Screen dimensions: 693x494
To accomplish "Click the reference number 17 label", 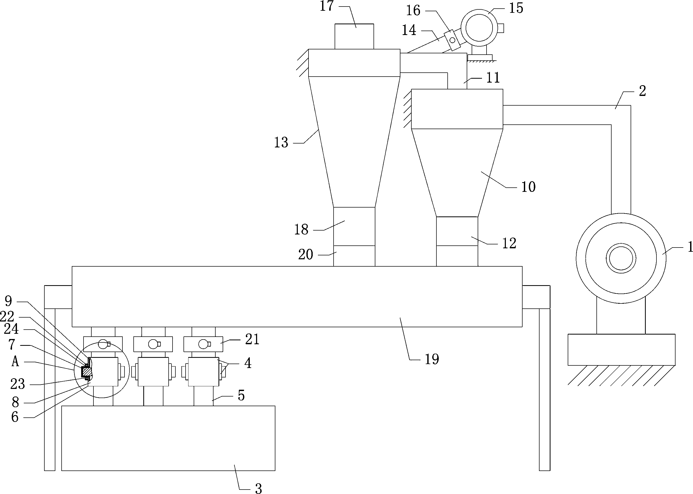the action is pos(327,6).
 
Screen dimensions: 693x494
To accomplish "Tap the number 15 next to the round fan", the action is pos(516,8).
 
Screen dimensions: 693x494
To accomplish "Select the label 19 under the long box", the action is pos(431,359).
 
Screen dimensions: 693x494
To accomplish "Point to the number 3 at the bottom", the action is pos(258,488).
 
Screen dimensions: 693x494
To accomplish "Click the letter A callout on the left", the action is pos(15,361).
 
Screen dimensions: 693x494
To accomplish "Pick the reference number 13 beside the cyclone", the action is pos(281,142).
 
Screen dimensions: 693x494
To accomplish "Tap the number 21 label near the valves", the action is pos(252,340).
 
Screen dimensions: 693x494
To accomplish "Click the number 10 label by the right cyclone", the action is pos(528,187).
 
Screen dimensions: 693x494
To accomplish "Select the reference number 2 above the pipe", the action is pos(642,91).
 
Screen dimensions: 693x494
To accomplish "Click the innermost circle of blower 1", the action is pos(621,258).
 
